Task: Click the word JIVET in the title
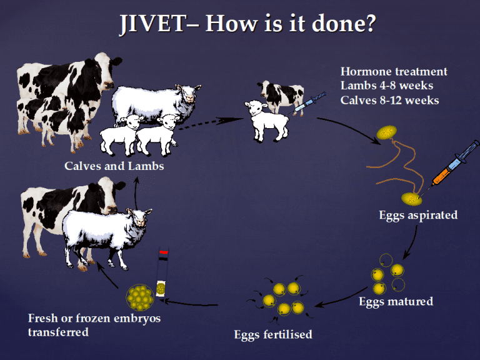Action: pos(152,24)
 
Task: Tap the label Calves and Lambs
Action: pos(114,166)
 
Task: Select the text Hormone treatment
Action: pos(394,71)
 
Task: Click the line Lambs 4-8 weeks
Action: pos(387,86)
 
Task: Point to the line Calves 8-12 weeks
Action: pos(390,100)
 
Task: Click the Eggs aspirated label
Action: pos(418,215)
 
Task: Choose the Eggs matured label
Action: pos(396,301)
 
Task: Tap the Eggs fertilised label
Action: pos(273,334)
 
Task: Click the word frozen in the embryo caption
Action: pos(93,318)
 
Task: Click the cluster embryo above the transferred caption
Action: pos(139,297)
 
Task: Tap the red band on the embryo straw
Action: pos(164,252)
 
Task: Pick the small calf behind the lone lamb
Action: pos(281,95)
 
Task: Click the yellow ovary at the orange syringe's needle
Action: pos(412,199)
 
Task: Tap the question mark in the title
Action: pos(369,24)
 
